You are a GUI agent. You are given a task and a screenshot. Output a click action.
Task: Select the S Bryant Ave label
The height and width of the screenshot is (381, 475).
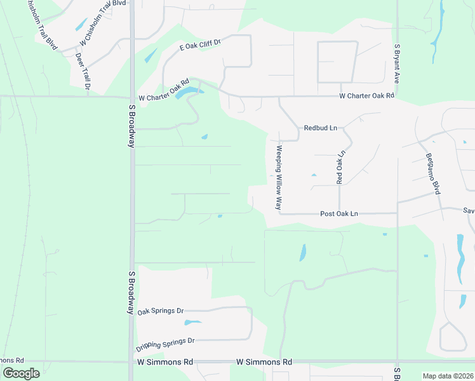click(396, 63)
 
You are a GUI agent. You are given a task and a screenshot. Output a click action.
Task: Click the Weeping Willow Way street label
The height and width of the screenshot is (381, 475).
click(278, 178)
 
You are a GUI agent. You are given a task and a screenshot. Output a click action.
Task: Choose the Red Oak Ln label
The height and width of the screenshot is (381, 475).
click(340, 167)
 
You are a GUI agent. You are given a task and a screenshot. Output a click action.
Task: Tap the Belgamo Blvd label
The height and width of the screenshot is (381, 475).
click(432, 173)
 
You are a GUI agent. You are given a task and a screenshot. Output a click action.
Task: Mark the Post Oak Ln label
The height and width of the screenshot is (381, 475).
click(339, 214)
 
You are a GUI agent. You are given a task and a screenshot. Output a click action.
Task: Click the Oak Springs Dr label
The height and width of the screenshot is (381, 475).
click(161, 311)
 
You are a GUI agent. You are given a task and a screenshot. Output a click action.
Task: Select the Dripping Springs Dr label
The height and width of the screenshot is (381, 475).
click(165, 344)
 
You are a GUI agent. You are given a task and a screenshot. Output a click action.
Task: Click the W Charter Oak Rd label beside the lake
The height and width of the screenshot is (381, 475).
click(164, 91)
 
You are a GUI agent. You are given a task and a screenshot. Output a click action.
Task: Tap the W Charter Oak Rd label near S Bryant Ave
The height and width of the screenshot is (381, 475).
click(366, 96)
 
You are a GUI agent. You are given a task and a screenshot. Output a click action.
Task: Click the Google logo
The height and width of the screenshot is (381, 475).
click(21, 373)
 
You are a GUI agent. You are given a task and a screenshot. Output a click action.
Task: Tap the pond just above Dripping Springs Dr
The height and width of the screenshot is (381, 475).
click(192, 322)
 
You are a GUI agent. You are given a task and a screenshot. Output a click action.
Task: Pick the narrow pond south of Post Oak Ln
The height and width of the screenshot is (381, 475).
click(302, 253)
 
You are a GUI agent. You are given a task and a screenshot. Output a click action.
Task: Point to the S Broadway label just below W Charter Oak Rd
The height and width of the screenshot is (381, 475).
click(131, 125)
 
